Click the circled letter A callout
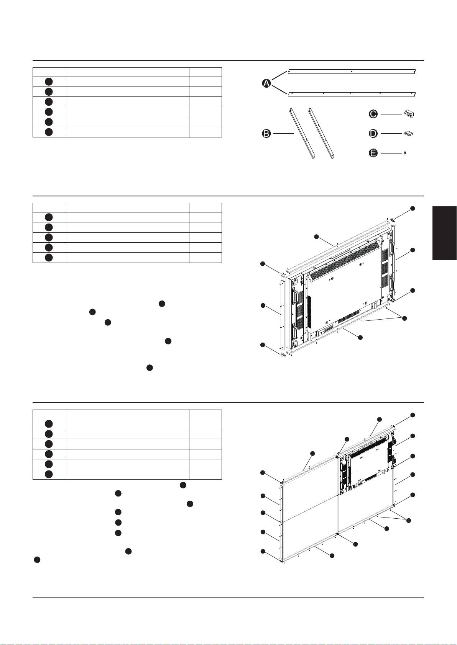pos(266,83)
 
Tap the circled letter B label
pos(266,134)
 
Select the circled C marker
pos(373,114)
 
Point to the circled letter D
pos(373,134)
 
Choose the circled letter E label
pos(373,153)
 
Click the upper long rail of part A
pos(352,71)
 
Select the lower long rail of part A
pos(352,94)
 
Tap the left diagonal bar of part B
pos(302,133)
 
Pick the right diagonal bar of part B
pos(321,133)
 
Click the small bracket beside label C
pos(409,114)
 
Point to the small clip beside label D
pos(409,133)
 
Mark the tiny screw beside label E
pos(405,153)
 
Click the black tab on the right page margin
pos(445,233)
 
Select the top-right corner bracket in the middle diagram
pos(393,219)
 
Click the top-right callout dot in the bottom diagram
pos(413,415)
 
